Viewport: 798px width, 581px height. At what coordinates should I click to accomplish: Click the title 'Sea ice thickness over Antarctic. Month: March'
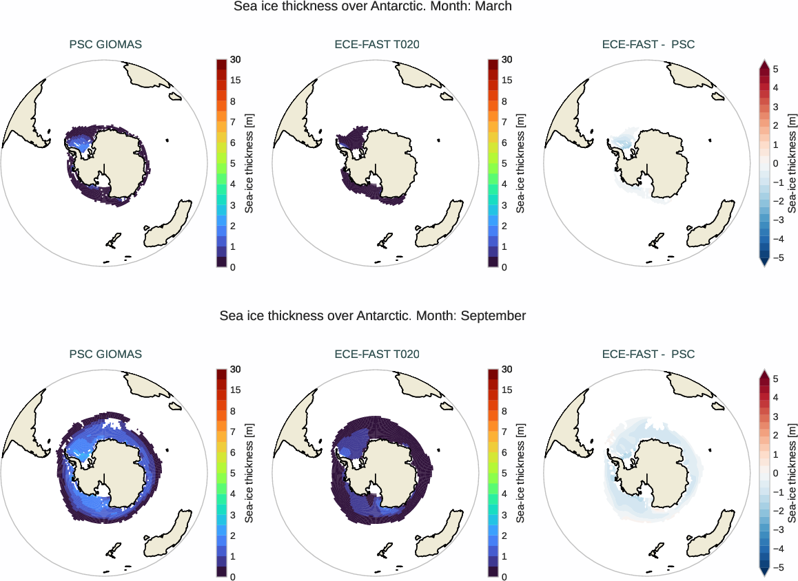(x=373, y=7)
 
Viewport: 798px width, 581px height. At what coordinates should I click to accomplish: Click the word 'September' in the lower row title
(x=493, y=316)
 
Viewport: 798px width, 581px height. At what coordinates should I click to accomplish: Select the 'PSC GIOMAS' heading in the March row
(x=105, y=45)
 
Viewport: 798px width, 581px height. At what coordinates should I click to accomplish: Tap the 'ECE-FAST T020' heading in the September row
(x=377, y=355)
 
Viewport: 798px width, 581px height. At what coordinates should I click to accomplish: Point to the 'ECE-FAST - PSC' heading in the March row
(x=648, y=45)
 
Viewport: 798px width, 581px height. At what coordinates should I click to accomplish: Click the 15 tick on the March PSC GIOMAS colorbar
(x=236, y=81)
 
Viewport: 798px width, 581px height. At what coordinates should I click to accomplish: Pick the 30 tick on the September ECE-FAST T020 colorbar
(x=507, y=370)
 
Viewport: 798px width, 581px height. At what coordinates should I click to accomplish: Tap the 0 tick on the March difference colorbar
(x=775, y=164)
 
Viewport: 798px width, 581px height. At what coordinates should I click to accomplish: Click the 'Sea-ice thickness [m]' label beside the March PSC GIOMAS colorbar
(x=249, y=164)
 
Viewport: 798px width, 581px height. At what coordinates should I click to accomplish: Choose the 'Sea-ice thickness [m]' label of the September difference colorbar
(x=792, y=474)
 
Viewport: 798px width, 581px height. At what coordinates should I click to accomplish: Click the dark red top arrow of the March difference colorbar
(x=764, y=65)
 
